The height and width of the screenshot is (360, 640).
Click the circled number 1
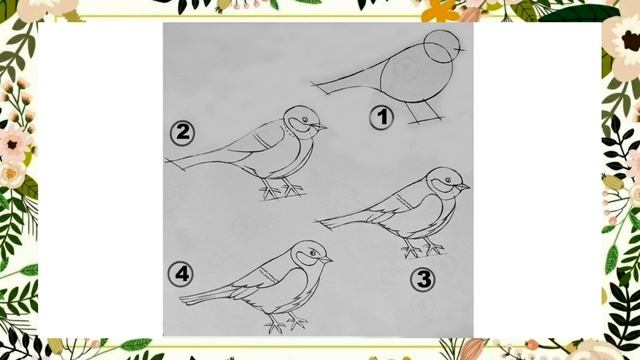pos(381,118)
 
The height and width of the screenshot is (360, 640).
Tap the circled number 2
pos(182,133)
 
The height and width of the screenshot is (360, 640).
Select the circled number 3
pos(423,280)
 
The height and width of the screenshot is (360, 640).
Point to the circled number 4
pos(181,274)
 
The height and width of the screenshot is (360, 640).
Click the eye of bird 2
pos(304,120)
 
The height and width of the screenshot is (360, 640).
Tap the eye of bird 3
pos(448,180)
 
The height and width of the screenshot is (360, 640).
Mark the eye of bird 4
pos(313,253)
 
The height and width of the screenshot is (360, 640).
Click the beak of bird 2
pos(320,127)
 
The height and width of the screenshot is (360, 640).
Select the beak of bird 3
pos(463,187)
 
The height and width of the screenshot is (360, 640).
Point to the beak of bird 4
pos(326,260)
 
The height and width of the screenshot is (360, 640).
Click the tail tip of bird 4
pos(180,300)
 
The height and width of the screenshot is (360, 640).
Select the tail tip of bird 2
pos(166,161)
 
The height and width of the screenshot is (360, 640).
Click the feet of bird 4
pos(286,324)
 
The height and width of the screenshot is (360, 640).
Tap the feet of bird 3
pos(423,248)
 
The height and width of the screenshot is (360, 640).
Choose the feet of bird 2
pos(282,190)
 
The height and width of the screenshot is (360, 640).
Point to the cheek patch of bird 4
pos(305,258)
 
